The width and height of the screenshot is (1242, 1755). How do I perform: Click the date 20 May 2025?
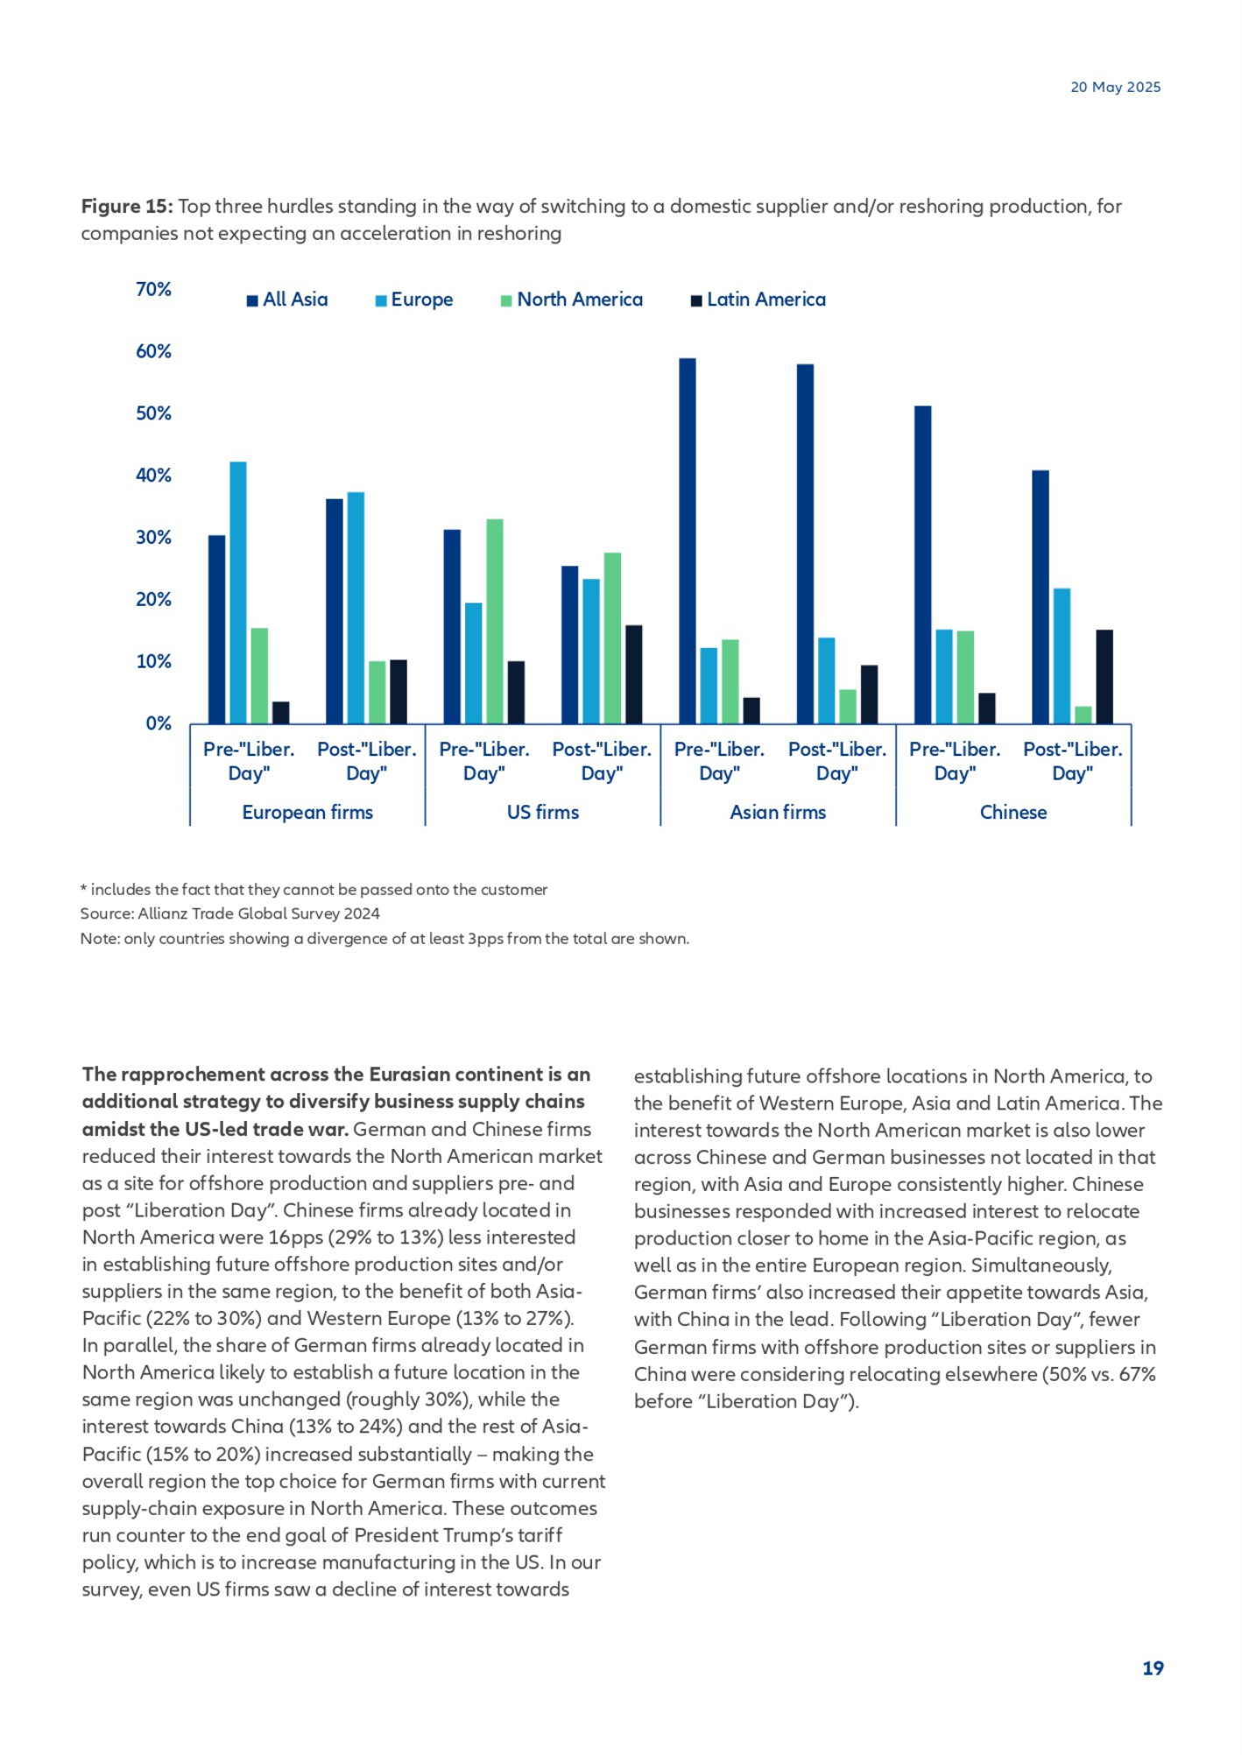click(1115, 87)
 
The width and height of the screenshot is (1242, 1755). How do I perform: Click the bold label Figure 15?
click(127, 207)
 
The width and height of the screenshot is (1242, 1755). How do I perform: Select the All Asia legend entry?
click(287, 300)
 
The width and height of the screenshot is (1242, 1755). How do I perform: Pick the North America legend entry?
click(571, 300)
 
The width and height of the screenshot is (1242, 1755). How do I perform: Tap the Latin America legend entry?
click(758, 300)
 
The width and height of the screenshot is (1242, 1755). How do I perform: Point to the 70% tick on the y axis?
click(153, 290)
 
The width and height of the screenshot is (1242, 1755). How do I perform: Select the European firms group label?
click(307, 813)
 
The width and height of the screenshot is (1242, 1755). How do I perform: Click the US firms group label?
click(543, 813)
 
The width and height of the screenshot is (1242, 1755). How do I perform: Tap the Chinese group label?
click(1013, 813)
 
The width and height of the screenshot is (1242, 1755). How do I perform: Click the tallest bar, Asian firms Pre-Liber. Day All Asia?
click(688, 541)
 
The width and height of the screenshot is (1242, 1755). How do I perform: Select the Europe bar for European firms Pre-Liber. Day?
click(238, 593)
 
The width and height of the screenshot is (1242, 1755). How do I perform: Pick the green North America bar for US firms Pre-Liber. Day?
click(495, 622)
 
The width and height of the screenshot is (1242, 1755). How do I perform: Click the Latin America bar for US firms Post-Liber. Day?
click(634, 674)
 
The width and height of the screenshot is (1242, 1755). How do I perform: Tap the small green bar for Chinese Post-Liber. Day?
click(1083, 715)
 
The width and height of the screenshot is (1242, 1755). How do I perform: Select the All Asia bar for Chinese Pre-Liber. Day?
click(923, 565)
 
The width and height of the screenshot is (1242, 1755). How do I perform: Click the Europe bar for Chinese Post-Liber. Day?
click(1062, 656)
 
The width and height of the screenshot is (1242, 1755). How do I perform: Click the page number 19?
click(1153, 1668)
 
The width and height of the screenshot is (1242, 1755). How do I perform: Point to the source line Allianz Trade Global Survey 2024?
click(230, 913)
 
